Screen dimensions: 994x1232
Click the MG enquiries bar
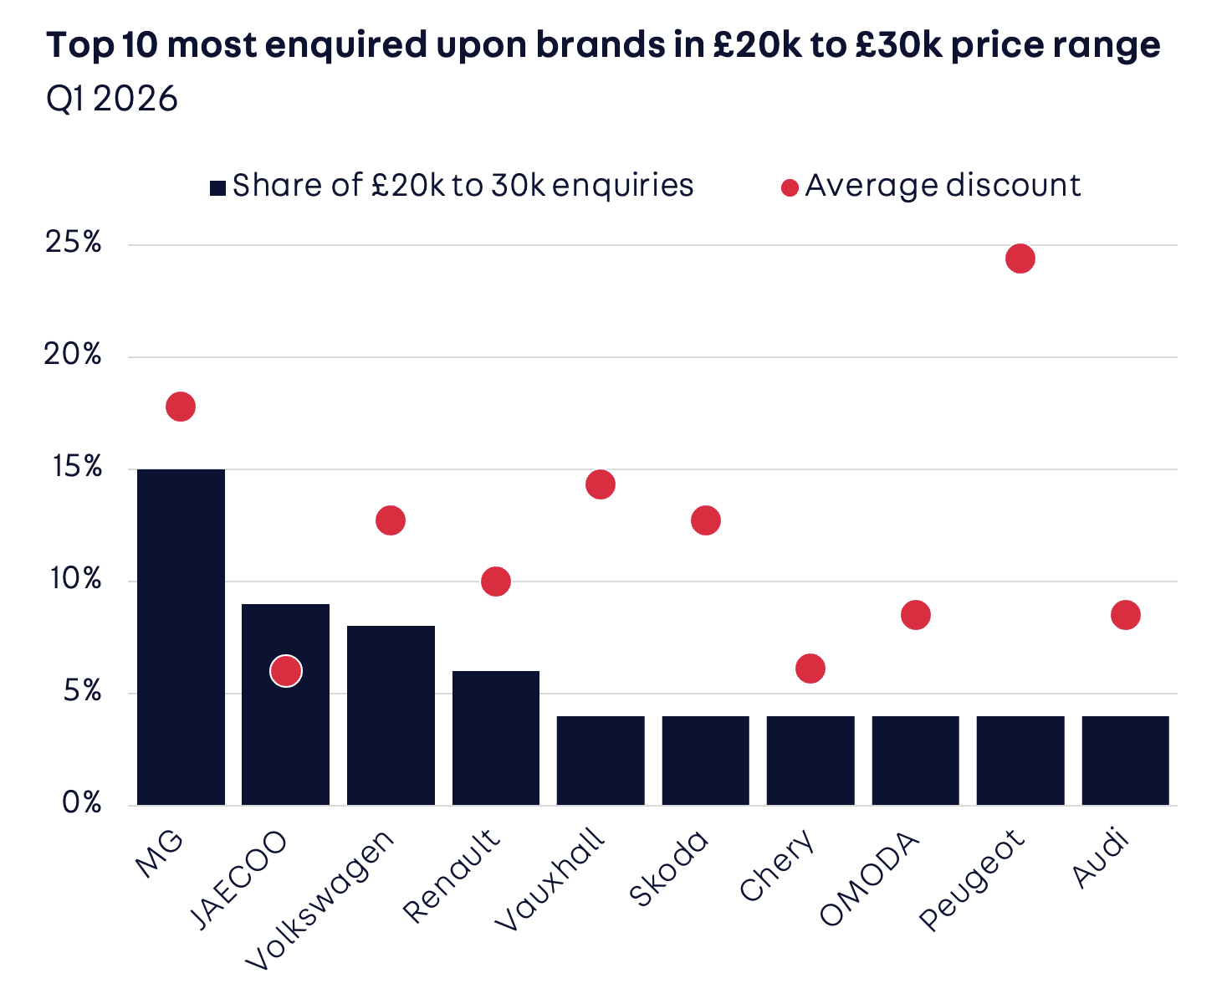pyautogui.click(x=181, y=637)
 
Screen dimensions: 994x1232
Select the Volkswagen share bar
pyautogui.click(x=391, y=715)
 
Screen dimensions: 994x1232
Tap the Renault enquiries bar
pyautogui.click(x=495, y=738)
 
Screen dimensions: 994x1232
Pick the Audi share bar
pyautogui.click(x=1125, y=761)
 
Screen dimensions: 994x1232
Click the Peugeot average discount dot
pyautogui.click(x=1020, y=259)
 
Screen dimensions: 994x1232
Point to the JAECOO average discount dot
pyautogui.click(x=286, y=671)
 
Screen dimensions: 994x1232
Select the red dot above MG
pyautogui.click(x=181, y=407)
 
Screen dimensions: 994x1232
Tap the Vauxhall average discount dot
pyautogui.click(x=601, y=484)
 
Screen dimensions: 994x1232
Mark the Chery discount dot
pyautogui.click(x=810, y=669)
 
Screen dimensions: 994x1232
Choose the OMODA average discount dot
pyautogui.click(x=916, y=615)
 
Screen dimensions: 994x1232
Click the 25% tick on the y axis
pyautogui.click(x=74, y=243)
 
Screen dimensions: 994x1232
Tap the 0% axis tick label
pyautogui.click(x=81, y=803)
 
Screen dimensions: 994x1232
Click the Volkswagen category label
pyautogui.click(x=321, y=899)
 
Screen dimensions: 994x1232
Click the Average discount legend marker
pyautogui.click(x=790, y=187)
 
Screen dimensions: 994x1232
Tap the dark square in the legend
pyautogui.click(x=217, y=187)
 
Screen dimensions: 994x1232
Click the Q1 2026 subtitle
pyautogui.click(x=112, y=100)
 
